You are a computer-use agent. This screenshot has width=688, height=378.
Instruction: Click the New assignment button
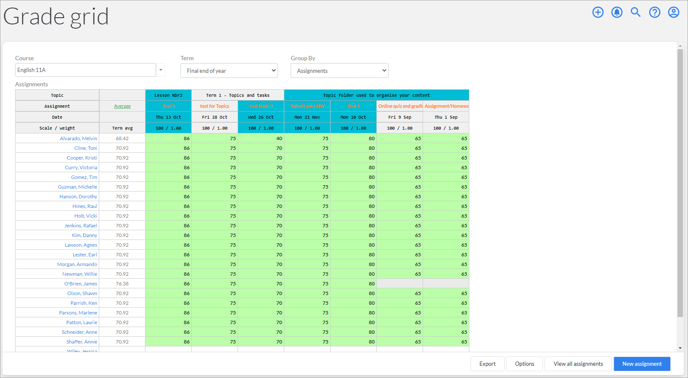tap(642, 364)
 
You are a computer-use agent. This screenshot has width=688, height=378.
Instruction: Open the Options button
tap(524, 364)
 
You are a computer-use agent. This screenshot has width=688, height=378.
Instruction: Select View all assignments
tap(578, 364)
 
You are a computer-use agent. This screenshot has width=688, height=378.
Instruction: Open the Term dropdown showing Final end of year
tap(229, 71)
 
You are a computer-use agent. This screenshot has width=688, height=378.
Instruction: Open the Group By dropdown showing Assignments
tap(339, 71)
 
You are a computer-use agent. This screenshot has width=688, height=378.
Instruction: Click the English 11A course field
tap(85, 70)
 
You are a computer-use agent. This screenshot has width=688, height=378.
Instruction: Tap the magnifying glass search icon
tap(635, 12)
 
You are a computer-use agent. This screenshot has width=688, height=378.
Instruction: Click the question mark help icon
tap(654, 12)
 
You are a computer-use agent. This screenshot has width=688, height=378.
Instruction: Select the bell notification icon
tap(617, 12)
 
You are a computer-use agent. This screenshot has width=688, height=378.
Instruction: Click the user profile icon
tap(673, 12)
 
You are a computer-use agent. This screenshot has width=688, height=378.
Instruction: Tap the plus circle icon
tap(598, 12)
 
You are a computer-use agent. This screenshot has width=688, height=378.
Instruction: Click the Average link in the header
tap(122, 106)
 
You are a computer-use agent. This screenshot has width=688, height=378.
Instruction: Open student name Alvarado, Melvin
tap(78, 138)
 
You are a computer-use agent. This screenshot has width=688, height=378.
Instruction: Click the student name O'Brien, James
tap(81, 284)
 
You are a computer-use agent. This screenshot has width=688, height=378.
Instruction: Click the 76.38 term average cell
tap(122, 284)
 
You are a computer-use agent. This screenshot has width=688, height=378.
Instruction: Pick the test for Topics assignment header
tap(214, 106)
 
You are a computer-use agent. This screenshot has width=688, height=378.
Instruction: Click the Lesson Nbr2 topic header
tap(168, 95)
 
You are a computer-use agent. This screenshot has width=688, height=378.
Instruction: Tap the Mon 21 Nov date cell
tap(307, 117)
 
